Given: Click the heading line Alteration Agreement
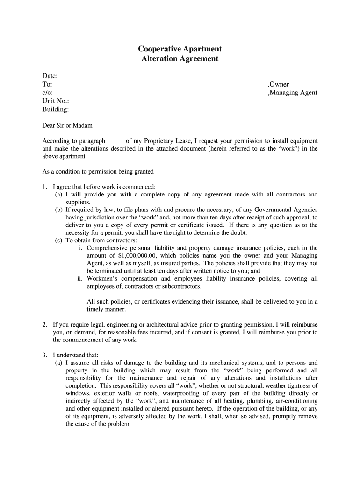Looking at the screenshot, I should (180, 59).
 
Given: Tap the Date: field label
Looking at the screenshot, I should (50, 76).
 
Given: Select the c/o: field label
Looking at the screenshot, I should (48, 93).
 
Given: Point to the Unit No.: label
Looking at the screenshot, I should (56, 101).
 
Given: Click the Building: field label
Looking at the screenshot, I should (56, 109).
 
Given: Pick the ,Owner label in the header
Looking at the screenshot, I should (278, 84).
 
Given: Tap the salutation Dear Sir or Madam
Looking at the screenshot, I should (67, 125).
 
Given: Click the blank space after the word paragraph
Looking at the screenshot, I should (115, 141).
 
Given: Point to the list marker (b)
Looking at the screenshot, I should (59, 210).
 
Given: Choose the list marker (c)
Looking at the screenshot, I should (59, 240).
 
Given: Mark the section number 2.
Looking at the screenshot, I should (44, 325).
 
